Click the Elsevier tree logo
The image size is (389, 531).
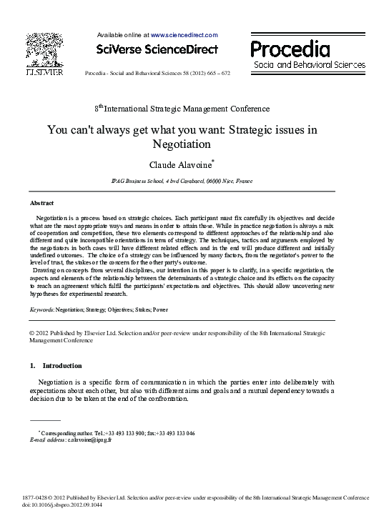coord(44,51)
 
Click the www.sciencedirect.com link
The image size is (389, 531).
coord(184,34)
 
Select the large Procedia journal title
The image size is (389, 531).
coord(290,49)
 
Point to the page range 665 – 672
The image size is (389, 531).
coord(215,74)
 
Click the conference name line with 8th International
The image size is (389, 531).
coord(182,109)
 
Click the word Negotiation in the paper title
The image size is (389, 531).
coord(182,144)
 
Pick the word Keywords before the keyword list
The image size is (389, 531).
coord(41,310)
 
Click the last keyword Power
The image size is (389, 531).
coord(161,310)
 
